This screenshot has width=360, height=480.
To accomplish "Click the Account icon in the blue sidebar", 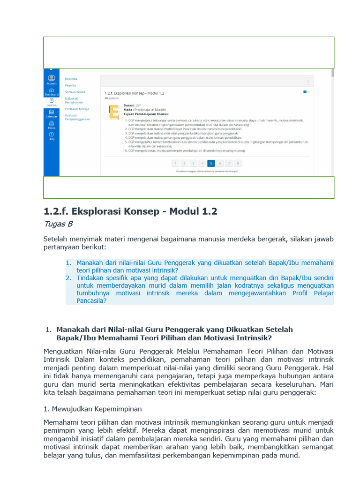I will (51, 79).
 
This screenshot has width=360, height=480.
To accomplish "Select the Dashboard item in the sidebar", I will (51, 91).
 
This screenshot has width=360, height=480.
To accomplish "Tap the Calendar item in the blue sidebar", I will (51, 113).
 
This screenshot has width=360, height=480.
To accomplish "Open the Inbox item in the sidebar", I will (51, 124).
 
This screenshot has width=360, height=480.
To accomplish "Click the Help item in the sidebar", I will (51, 136).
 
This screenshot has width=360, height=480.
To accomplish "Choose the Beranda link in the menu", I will (71, 79).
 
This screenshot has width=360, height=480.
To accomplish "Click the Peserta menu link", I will (71, 85).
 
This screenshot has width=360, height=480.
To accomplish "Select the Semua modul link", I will (75, 92).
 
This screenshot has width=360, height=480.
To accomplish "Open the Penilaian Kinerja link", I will (77, 108).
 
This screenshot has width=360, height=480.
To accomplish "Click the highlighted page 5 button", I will (211, 163).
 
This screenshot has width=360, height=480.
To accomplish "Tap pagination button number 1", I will (175, 163).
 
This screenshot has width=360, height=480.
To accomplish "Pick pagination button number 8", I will (238, 163).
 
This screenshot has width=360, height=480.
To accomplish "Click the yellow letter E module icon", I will (113, 113).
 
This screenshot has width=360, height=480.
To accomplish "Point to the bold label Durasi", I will (129, 105).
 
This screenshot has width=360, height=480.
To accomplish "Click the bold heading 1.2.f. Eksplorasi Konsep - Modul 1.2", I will (130, 211).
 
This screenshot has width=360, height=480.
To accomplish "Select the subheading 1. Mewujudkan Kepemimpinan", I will (92, 409).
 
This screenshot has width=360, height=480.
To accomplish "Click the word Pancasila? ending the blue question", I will (91, 301).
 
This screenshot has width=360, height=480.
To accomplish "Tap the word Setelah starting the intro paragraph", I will (56, 239).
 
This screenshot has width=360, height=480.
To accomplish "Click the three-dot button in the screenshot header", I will (307, 81).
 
